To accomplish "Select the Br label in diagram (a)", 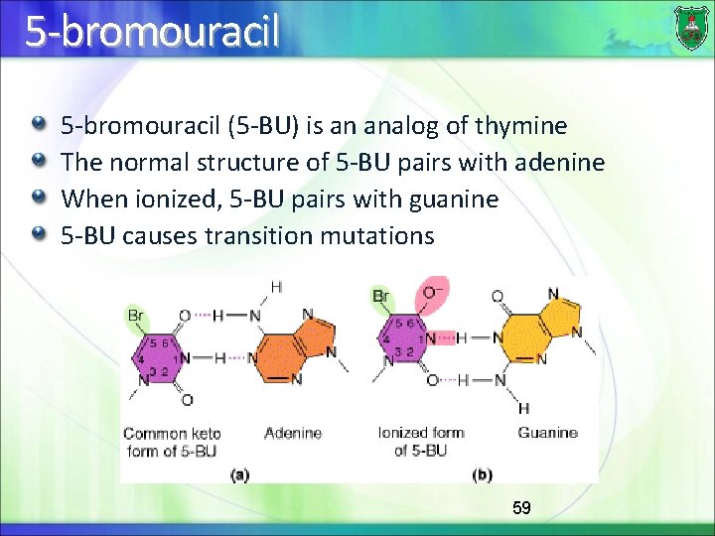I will [137, 315].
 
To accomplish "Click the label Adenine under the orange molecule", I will [293, 433].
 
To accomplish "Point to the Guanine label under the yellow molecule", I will [547, 433].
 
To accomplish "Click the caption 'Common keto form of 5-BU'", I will [172, 442].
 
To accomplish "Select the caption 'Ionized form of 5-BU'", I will [420, 442].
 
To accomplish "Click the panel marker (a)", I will [239, 474].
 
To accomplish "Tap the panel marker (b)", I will [483, 474].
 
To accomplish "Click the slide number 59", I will [521, 508].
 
